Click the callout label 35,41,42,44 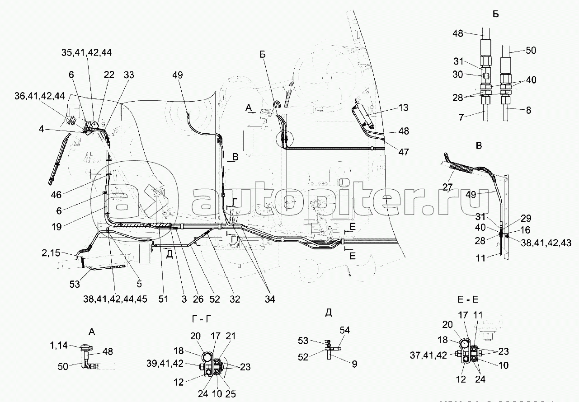86,52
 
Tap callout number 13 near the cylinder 404,108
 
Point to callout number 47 404,152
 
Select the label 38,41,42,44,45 115,299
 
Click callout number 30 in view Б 458,75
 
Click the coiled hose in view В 461,168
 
